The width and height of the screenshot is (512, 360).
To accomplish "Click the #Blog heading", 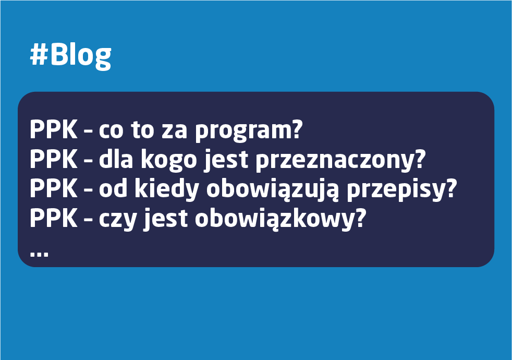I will [x=70, y=54].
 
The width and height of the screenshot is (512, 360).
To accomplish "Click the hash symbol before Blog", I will [x=39, y=54].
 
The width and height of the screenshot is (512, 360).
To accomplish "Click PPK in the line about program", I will [x=52, y=130].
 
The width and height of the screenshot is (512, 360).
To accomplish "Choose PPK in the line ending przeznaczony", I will [x=52, y=160].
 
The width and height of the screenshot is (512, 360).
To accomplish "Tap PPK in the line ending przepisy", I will [x=52, y=189].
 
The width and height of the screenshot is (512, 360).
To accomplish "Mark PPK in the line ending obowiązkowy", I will [x=52, y=218].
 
